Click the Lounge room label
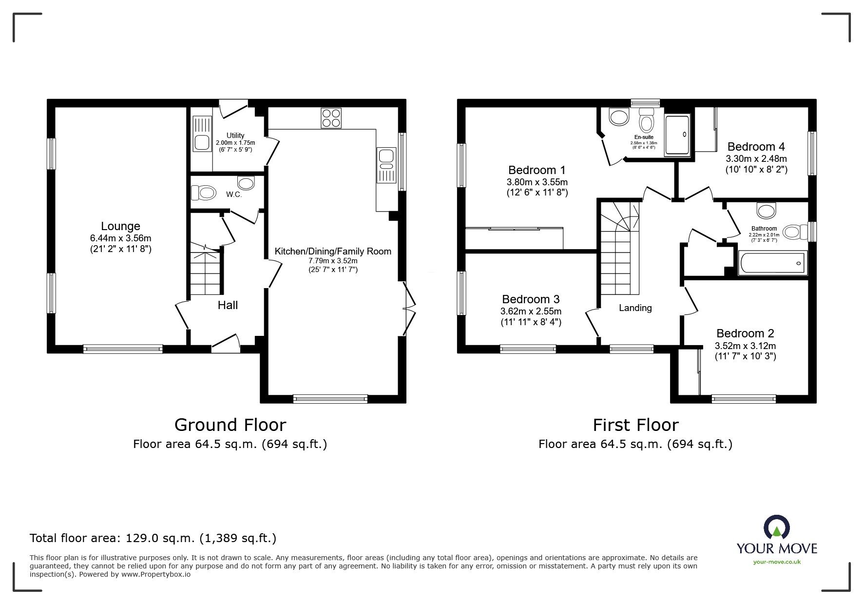(x=120, y=226)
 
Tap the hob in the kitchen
(x=331, y=117)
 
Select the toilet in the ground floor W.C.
(x=204, y=193)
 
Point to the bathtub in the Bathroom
(x=772, y=263)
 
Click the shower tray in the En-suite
(x=678, y=135)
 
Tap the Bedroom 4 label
(x=756, y=147)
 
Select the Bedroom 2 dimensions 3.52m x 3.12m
(x=745, y=346)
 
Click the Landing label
(x=635, y=308)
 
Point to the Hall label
(x=228, y=305)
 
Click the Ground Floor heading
(x=230, y=425)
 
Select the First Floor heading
(x=635, y=425)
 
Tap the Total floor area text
(x=153, y=538)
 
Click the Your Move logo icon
(x=776, y=526)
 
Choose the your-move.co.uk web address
(x=777, y=562)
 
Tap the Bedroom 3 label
(x=531, y=299)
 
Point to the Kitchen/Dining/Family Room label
(x=333, y=252)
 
